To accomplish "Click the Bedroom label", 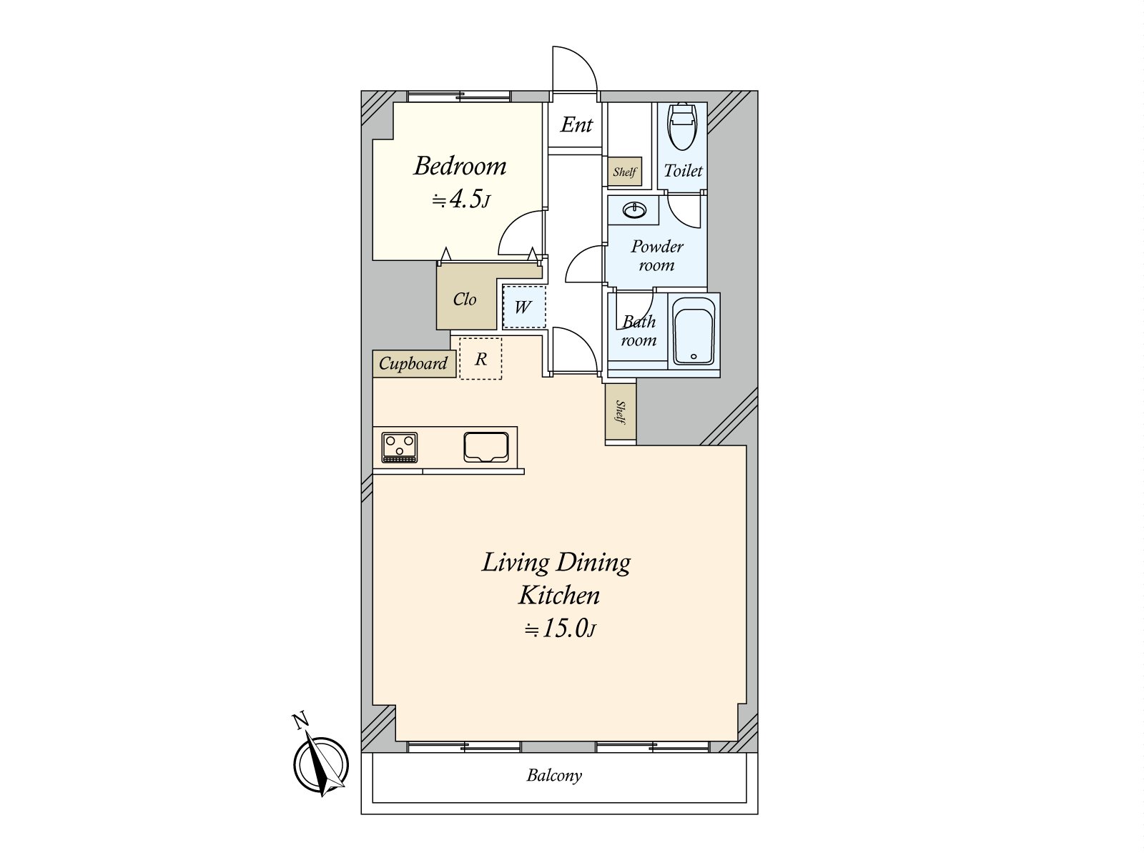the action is (460, 166).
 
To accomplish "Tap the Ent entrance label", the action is (576, 124).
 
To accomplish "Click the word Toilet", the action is (683, 170).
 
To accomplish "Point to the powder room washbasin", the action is (634, 210).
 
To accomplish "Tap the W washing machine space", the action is (524, 307).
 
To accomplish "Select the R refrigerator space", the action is (480, 358).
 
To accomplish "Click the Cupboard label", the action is (413, 363).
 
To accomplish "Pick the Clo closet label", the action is (464, 299).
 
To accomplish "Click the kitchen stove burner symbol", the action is (399, 447).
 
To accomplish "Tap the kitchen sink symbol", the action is (485, 447).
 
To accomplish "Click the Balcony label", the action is (554, 775).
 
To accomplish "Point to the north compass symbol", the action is (320, 763).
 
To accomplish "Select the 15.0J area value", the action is (560, 628).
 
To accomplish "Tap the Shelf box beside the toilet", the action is (624, 172).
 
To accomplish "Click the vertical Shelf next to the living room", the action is (621, 412).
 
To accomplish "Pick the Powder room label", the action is (656, 255).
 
